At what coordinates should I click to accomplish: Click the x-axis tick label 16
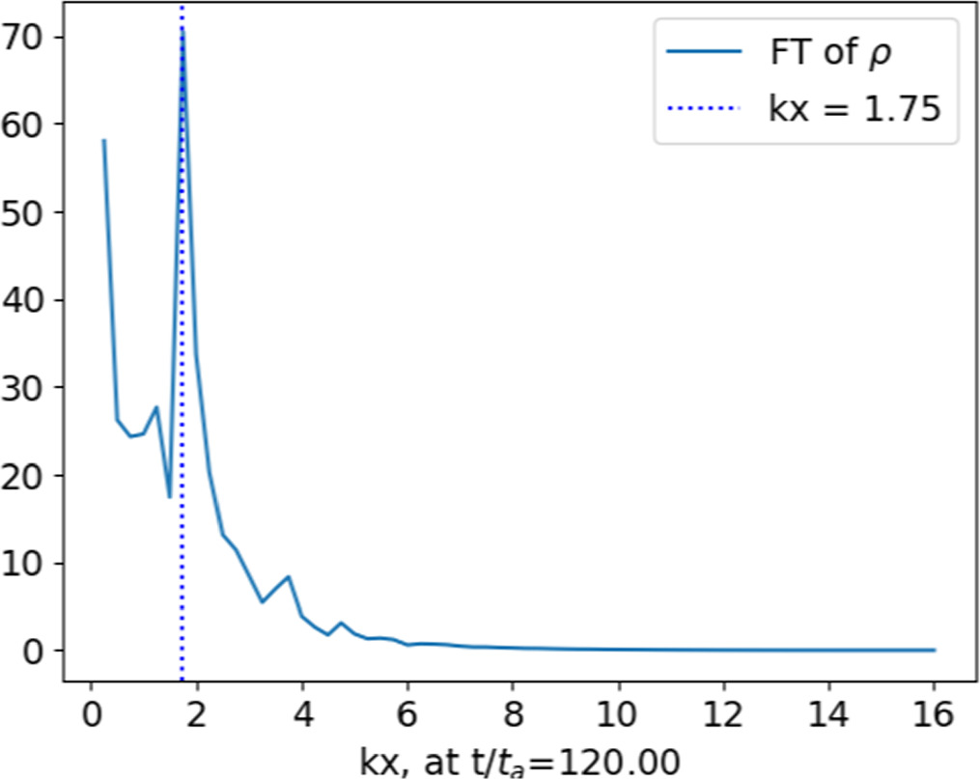(934, 717)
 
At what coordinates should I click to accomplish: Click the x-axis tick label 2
(197, 717)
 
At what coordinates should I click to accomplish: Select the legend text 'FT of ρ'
(829, 55)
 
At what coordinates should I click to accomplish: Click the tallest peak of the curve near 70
(182, 29)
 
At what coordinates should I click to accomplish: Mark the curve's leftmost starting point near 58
(103, 141)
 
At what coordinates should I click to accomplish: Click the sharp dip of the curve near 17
(170, 496)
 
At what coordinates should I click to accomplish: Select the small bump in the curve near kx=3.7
(287, 576)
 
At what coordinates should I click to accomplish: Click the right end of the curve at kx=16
(935, 650)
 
